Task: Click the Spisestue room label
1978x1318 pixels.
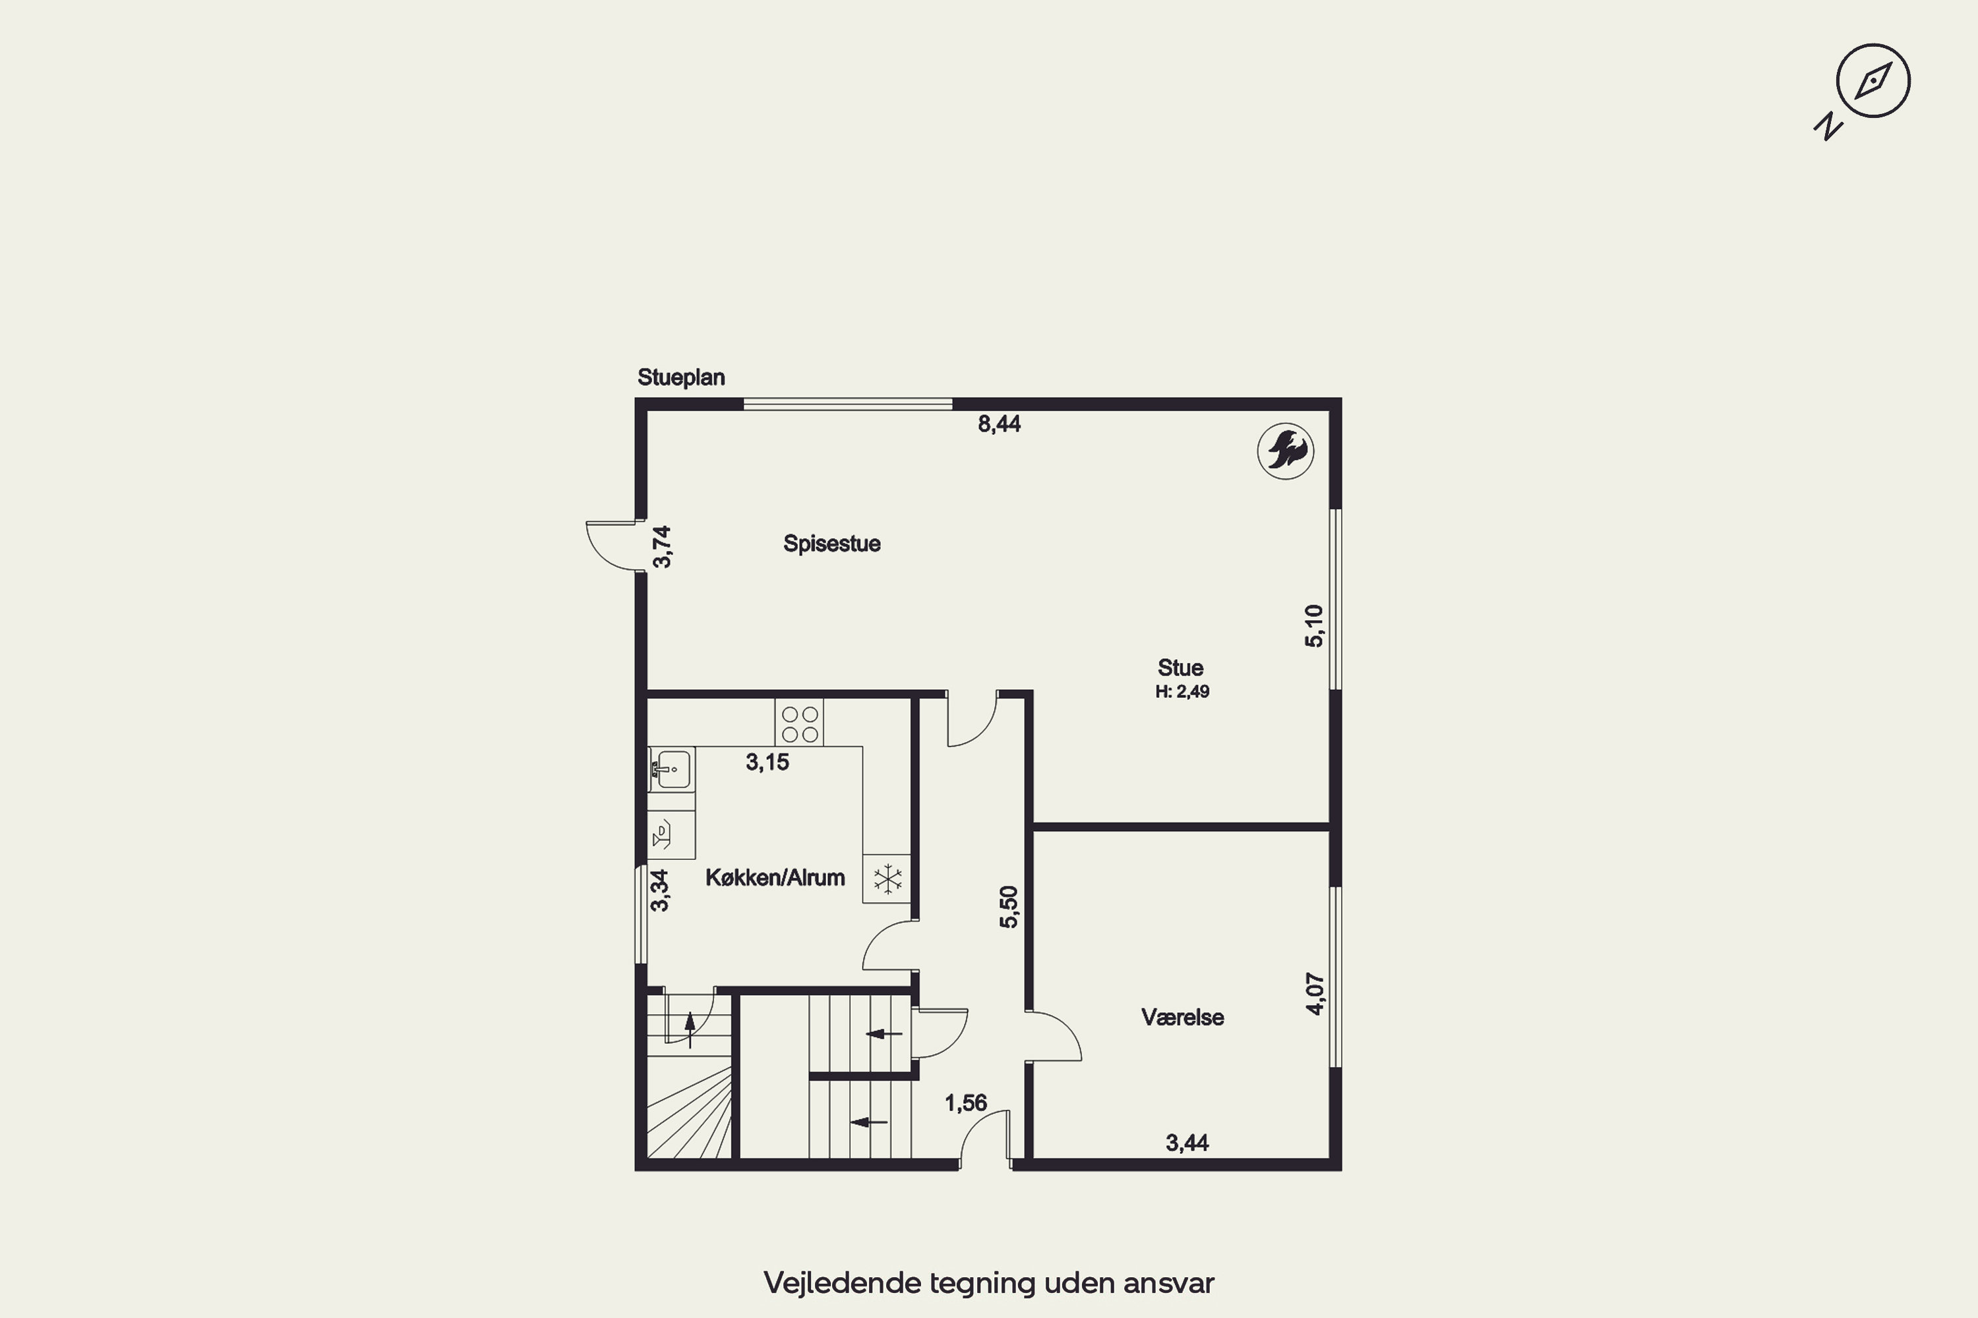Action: point(831,544)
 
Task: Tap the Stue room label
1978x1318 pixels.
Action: point(1180,668)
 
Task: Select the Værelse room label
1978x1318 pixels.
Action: point(1182,1017)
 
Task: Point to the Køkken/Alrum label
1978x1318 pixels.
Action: point(775,878)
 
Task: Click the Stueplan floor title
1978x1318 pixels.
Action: point(681,378)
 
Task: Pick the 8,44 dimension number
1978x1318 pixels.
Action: point(999,424)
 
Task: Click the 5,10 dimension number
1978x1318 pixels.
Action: point(1313,626)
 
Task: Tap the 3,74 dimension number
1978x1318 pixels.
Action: point(662,547)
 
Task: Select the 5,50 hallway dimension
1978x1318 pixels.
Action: point(1008,907)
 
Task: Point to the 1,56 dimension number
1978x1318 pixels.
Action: point(965,1103)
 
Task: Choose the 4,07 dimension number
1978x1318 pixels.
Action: point(1315,994)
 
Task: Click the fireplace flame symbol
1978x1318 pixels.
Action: point(1286,451)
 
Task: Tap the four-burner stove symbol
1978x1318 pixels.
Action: point(800,724)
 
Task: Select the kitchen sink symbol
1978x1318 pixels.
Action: point(671,769)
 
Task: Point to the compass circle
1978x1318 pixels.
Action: point(1874,80)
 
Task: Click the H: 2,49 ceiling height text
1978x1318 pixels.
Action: point(1182,692)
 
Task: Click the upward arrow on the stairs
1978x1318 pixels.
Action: point(690,1029)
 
